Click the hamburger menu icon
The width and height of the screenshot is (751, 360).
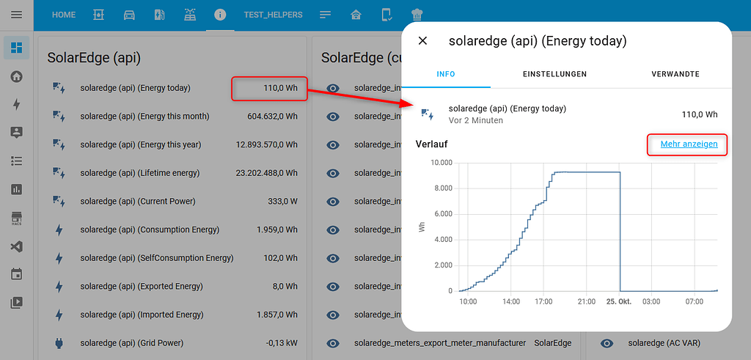[16, 15]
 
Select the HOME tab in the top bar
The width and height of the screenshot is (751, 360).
[64, 15]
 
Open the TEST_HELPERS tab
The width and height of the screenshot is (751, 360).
[273, 15]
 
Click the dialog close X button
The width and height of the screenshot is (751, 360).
[422, 41]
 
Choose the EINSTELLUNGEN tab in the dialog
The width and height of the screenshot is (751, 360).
[554, 74]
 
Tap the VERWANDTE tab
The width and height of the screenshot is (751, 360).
[675, 74]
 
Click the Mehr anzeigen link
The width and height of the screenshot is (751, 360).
[689, 144]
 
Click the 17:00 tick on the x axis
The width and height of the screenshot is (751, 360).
[543, 301]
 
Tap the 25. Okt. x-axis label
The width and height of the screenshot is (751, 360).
[619, 301]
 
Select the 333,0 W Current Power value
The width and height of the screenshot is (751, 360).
[282, 202]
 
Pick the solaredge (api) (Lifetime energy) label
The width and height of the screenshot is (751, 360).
[139, 173]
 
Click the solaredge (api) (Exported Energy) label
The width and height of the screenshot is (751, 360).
[142, 287]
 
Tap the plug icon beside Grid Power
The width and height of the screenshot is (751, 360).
[59, 343]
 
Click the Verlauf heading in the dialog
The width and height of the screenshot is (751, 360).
[431, 144]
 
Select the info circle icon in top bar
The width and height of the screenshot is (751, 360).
[219, 15]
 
